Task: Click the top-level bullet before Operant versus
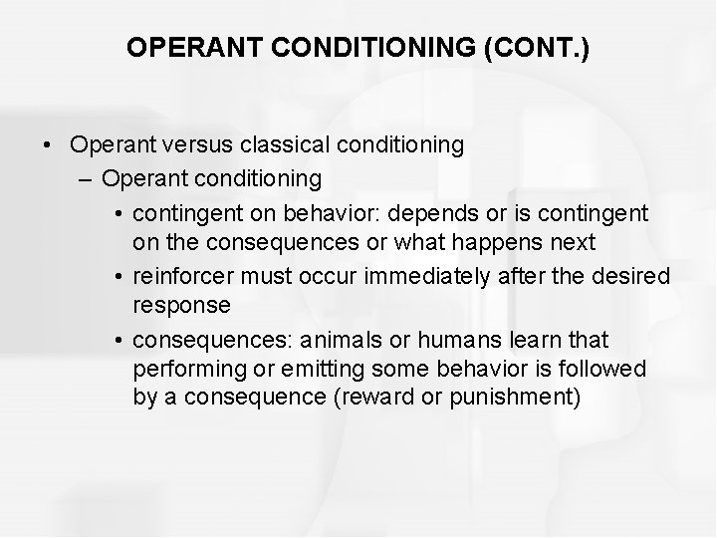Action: [x=48, y=144]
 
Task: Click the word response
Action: [x=181, y=305]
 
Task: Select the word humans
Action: [x=409, y=340]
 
